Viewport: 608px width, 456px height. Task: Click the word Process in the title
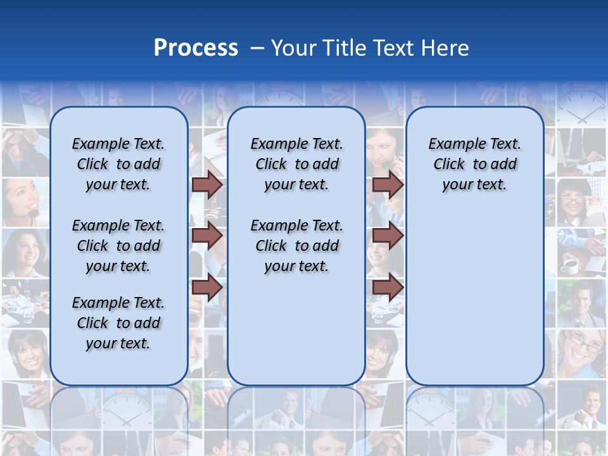(x=196, y=48)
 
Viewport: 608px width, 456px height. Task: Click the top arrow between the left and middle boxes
(x=207, y=185)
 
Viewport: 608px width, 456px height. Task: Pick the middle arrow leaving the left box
(x=207, y=236)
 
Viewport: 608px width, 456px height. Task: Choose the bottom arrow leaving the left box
(x=207, y=287)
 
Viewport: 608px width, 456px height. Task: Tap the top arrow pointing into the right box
(x=388, y=185)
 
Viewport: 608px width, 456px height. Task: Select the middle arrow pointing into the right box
(x=388, y=236)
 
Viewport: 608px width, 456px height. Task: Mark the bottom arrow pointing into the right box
(x=388, y=287)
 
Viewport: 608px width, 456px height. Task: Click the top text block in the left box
(x=118, y=164)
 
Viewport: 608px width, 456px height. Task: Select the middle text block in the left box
(x=118, y=246)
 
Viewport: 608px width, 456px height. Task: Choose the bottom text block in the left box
(x=118, y=323)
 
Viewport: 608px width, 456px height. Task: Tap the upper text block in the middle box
(x=296, y=164)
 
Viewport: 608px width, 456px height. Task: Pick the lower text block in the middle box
(x=296, y=246)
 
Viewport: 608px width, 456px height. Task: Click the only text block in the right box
(x=474, y=164)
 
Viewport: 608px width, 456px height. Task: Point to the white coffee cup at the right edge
(x=570, y=265)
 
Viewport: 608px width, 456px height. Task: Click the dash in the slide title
(x=257, y=48)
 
